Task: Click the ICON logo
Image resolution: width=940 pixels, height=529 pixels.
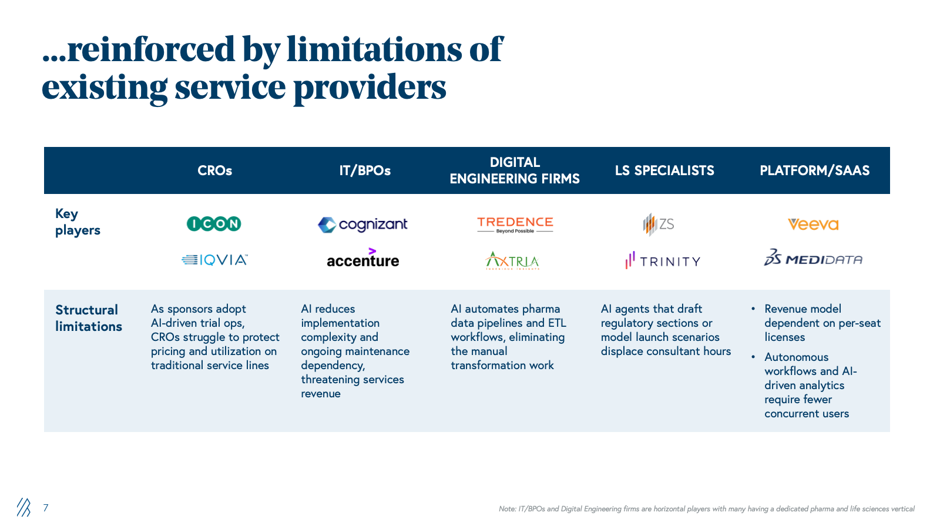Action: (214, 223)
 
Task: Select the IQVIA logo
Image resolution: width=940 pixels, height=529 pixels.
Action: (215, 260)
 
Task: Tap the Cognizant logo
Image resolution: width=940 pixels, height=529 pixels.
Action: (362, 225)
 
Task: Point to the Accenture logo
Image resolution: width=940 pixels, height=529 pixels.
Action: (362, 259)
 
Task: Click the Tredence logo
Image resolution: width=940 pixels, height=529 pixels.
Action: (515, 224)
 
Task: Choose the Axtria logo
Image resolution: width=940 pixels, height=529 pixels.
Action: (512, 260)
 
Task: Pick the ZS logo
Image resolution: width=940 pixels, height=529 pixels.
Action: (659, 224)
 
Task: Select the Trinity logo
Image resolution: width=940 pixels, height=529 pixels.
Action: (663, 260)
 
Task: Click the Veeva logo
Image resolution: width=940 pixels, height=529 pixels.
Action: (813, 224)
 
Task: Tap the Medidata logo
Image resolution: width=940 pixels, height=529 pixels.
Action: (813, 259)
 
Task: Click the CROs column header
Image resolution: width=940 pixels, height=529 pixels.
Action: (214, 170)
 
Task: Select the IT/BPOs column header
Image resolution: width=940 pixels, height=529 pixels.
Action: (365, 170)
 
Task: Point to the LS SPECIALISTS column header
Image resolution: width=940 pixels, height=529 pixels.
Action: (664, 170)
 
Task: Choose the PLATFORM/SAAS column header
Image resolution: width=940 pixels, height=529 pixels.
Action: (814, 170)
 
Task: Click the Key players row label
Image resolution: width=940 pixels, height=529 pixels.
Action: (78, 222)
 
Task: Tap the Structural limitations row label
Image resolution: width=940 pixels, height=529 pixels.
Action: (88, 318)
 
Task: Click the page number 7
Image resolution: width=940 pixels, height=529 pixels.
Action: (46, 507)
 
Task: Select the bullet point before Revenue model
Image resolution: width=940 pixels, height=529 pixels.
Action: (753, 309)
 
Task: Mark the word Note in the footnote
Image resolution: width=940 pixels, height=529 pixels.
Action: (506, 509)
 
